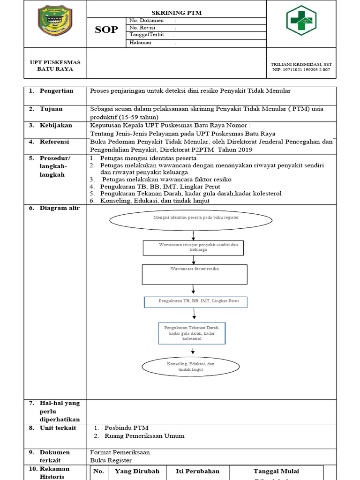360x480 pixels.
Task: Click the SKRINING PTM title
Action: [176, 13]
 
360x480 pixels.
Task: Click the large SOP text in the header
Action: [106, 30]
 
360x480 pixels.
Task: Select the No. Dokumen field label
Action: [146, 21]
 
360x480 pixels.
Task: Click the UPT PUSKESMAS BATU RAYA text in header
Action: [55, 66]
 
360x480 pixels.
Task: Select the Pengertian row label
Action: [56, 91]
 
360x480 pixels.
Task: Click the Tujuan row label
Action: [51, 109]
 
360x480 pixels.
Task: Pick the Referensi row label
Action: [54, 142]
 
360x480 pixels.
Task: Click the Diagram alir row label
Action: [60, 208]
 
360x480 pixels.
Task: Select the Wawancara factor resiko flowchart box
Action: [195, 274]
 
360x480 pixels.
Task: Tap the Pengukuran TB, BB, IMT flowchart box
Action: [195, 301]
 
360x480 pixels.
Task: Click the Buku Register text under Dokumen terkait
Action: [111, 460]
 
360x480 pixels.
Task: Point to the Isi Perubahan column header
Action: [195, 471]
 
